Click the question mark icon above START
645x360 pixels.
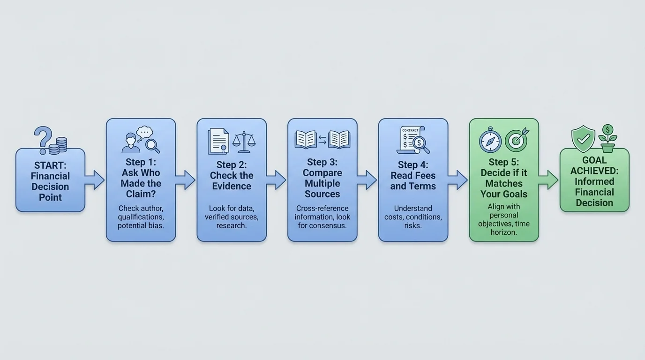coord(43,137)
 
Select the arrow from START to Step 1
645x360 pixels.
coord(95,180)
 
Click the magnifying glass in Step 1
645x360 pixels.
coord(152,145)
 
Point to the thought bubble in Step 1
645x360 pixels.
coord(144,132)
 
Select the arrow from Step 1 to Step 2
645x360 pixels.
coord(186,180)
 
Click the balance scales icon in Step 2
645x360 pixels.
coord(245,141)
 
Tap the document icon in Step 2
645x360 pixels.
coord(218,141)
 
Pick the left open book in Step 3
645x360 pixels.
coord(306,140)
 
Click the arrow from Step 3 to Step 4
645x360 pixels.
coord(367,180)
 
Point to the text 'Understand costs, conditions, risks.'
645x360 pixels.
coord(413,217)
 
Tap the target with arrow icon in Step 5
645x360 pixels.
coord(517,140)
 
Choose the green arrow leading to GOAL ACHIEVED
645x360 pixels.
coord(549,180)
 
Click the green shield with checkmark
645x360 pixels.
coord(583,139)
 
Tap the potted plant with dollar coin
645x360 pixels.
coord(608,138)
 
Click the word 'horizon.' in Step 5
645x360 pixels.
coord(504,232)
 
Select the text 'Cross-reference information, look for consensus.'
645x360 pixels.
coord(322,217)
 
